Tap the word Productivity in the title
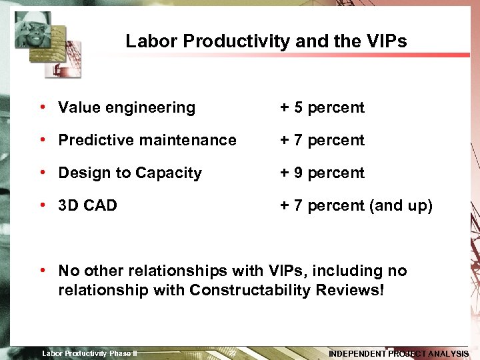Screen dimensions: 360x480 pos(235,41)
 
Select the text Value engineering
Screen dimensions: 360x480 pos(127,107)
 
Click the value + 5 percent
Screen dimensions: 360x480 pos(322,107)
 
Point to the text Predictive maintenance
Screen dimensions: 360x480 pos(147,140)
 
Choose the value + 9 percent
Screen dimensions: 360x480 pos(322,173)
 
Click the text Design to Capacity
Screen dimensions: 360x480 pos(130,173)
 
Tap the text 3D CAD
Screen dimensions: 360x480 pos(87,205)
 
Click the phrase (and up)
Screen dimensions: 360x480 pos(401,205)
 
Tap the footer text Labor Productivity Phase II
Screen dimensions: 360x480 pos(89,353)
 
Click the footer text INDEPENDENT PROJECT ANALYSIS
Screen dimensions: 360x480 pos(399,353)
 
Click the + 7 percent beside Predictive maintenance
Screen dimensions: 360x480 pos(322,140)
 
